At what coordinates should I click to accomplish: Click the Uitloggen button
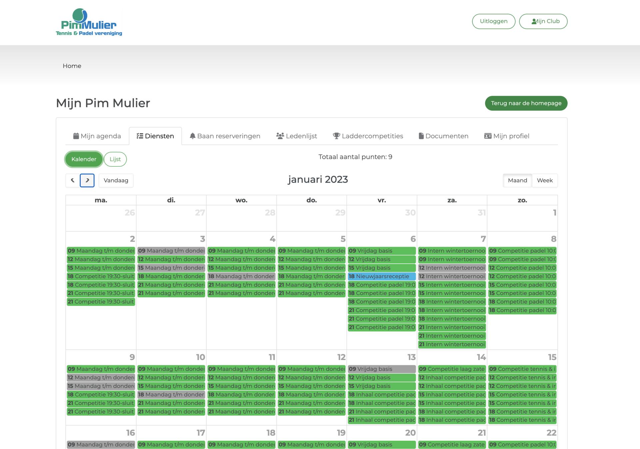click(494, 21)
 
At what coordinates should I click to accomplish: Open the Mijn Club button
click(543, 21)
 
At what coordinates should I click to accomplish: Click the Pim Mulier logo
click(89, 22)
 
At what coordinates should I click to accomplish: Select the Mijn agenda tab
click(97, 136)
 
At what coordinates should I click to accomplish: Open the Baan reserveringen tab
click(225, 136)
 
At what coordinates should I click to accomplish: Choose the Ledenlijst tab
click(297, 136)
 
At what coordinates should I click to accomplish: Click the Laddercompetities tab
click(368, 136)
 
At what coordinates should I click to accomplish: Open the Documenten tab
click(444, 136)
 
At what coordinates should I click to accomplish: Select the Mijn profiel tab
click(507, 136)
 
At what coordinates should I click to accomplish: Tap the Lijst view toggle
click(115, 159)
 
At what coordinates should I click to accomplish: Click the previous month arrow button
click(73, 180)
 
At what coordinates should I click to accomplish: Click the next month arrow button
click(87, 180)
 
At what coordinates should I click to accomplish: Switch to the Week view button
click(545, 180)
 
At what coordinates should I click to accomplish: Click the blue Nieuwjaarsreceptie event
click(382, 276)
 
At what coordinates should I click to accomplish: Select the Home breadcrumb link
click(72, 66)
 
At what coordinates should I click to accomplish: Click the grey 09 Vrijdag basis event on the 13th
click(382, 369)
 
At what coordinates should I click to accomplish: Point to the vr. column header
click(382, 200)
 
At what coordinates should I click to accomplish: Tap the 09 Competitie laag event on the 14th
click(452, 369)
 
